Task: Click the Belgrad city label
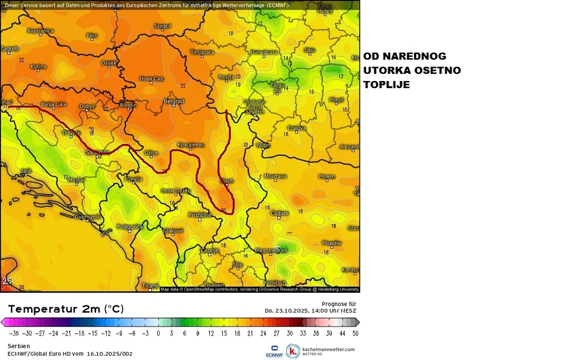(x=173, y=101)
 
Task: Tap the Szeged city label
(x=163, y=26)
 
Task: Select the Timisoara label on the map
(x=202, y=52)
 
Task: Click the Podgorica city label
(x=130, y=227)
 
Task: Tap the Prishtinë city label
(x=200, y=215)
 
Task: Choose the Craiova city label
(x=296, y=128)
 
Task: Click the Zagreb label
(x=10, y=49)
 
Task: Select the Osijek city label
(x=109, y=62)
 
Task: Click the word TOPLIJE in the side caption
(x=386, y=85)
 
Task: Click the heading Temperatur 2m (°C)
(x=66, y=309)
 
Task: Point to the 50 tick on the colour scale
(x=356, y=332)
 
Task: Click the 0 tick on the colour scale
(x=158, y=332)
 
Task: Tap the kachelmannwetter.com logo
(x=320, y=351)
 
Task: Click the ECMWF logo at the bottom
(x=273, y=351)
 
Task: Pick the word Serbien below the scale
(x=19, y=346)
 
